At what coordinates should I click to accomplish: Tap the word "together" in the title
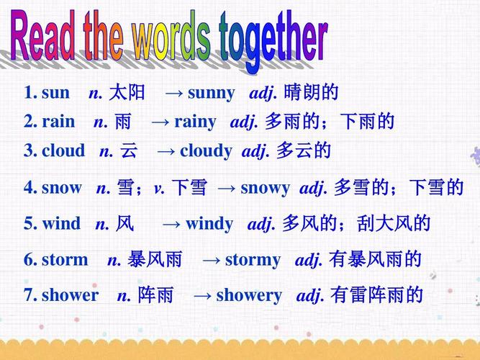tap(273, 40)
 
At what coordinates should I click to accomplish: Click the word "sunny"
tap(211, 94)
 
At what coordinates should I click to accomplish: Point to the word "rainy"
tap(195, 122)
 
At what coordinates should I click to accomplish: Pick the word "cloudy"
tap(206, 151)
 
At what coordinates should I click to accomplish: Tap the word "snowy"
tap(265, 189)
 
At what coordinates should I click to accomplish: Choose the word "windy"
tap(209, 224)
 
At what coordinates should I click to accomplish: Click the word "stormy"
tap(253, 260)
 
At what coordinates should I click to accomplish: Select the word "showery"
tap(249, 295)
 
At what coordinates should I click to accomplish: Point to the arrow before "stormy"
tap(212, 260)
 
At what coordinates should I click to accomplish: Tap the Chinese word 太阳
tap(127, 93)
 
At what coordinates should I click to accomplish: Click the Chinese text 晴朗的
tap(312, 93)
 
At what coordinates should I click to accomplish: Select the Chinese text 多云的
tap(304, 151)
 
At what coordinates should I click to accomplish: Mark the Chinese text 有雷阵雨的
tap(377, 295)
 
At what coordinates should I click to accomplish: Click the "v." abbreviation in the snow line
tap(159, 189)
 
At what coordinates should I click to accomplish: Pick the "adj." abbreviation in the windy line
tap(262, 225)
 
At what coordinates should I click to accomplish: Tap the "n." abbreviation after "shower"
tap(124, 296)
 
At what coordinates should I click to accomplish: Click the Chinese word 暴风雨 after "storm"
tap(155, 260)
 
